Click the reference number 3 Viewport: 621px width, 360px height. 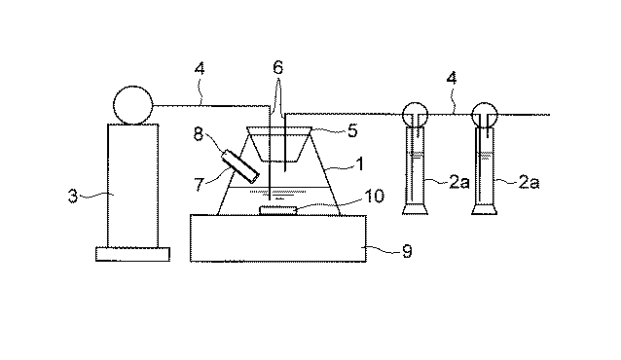point(73,196)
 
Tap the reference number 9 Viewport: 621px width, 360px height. point(407,251)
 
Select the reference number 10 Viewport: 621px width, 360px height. point(374,196)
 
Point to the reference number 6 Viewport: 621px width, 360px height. point(278,67)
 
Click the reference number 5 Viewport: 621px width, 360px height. point(352,130)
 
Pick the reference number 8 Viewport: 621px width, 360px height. point(199,134)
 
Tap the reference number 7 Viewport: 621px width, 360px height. point(199,185)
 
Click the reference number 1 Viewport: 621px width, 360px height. point(359,163)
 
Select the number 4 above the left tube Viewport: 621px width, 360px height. point(200,69)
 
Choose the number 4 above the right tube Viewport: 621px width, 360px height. point(452,78)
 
